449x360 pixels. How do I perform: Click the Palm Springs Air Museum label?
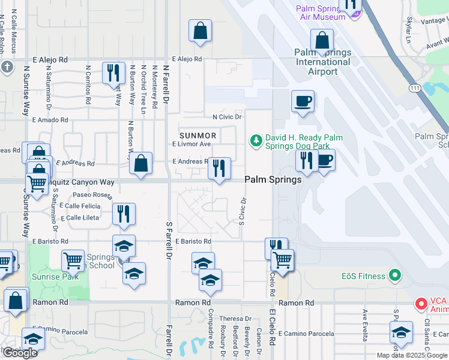[322, 13]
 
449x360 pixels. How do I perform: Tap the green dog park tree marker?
[256, 140]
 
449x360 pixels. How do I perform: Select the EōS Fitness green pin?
[394, 276]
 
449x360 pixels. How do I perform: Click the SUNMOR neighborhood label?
[197, 136]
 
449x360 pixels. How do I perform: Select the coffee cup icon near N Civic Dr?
[303, 100]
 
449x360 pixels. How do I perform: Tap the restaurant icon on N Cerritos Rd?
[113, 73]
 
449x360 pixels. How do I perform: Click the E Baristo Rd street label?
[193, 241]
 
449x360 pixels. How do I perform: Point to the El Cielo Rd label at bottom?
[272, 339]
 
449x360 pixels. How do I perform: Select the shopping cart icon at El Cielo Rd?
[282, 260]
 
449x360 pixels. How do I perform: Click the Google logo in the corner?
[20, 353]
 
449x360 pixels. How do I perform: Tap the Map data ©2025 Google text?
[412, 355]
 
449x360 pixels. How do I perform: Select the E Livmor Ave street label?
[191, 144]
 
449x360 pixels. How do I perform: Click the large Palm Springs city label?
[273, 180]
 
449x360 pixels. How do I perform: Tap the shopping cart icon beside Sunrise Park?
[73, 260]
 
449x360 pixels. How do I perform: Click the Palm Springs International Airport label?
[323, 62]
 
